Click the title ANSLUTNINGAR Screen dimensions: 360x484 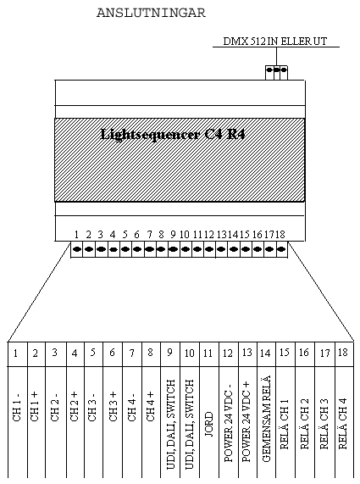click(x=151, y=13)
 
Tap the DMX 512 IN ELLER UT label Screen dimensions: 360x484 click(x=274, y=42)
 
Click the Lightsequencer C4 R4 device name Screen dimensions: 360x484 click(x=173, y=134)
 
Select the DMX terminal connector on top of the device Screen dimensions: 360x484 click(x=276, y=73)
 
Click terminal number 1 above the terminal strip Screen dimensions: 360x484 click(x=76, y=235)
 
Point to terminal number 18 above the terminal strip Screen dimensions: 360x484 click(x=280, y=235)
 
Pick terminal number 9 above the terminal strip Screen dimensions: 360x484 click(x=173, y=235)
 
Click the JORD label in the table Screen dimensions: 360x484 click(x=209, y=424)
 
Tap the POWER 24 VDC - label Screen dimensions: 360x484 click(x=228, y=423)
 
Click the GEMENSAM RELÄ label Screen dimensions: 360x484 click(x=266, y=419)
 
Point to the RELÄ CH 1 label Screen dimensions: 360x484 click(x=284, y=424)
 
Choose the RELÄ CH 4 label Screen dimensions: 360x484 click(x=342, y=424)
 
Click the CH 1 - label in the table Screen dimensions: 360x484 click(x=17, y=407)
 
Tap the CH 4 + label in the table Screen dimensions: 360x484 click(x=150, y=407)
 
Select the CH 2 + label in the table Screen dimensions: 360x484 click(x=74, y=407)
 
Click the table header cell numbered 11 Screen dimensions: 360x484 click(x=209, y=354)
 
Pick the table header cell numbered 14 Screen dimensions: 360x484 click(x=266, y=354)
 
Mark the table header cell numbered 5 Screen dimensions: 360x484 click(x=93, y=354)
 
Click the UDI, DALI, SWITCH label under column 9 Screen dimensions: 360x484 click(x=170, y=425)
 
